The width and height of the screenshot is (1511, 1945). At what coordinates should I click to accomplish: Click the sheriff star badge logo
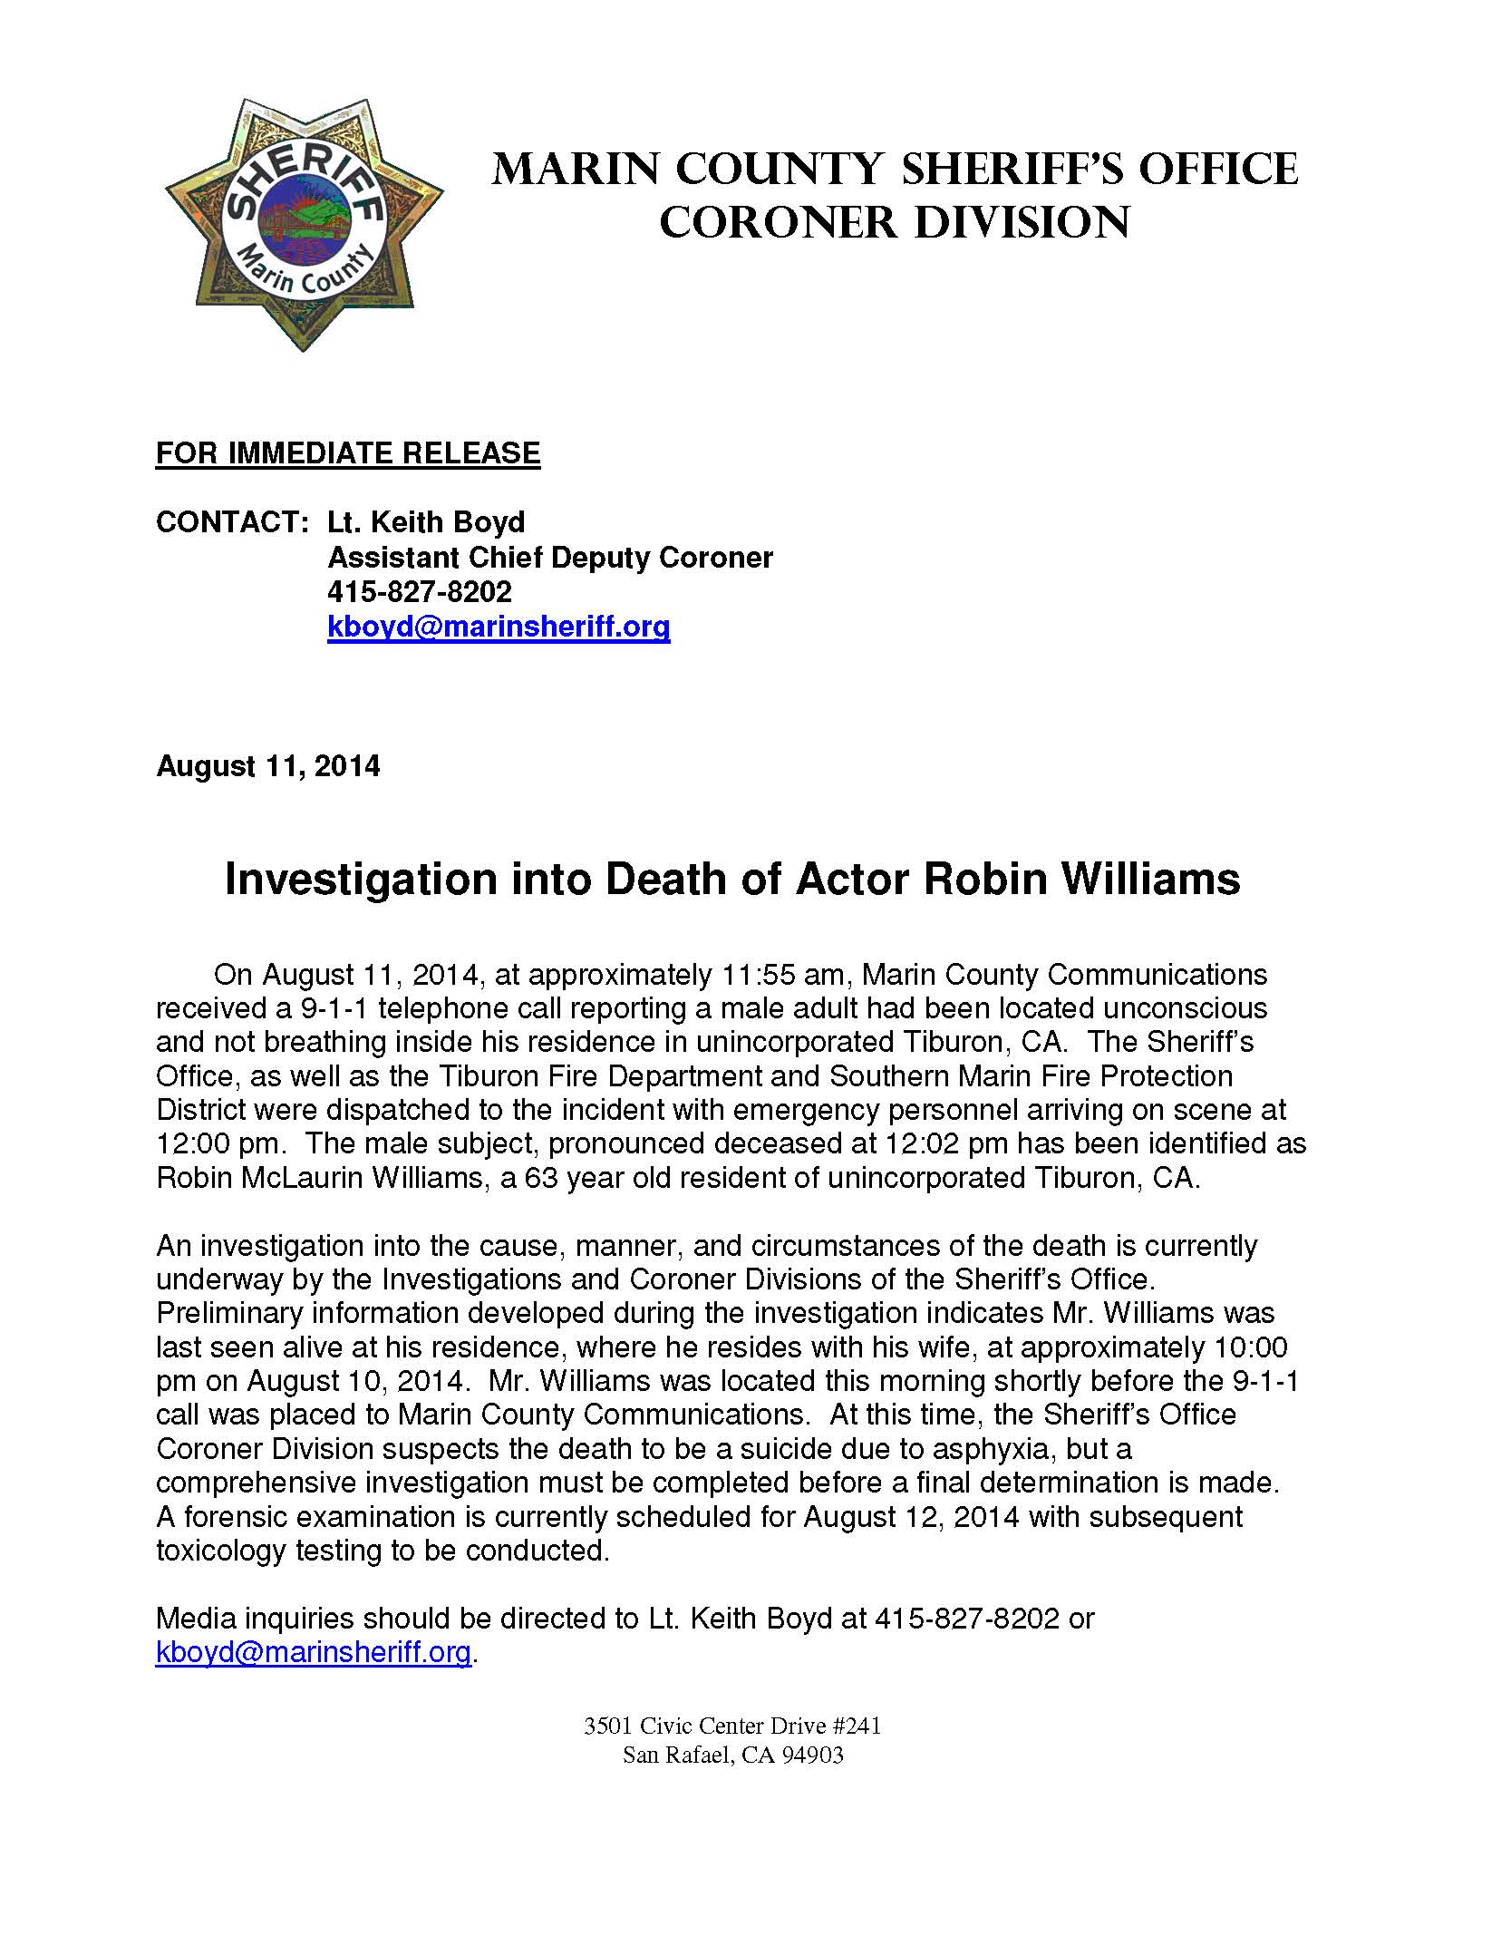(x=304, y=224)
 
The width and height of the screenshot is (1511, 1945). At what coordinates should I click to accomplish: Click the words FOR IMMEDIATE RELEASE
(x=348, y=453)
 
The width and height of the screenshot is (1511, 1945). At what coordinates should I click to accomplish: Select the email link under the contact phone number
(x=499, y=627)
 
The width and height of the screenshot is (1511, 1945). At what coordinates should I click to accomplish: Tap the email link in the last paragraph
(x=314, y=1652)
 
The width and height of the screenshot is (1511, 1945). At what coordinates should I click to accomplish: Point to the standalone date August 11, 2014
(x=268, y=766)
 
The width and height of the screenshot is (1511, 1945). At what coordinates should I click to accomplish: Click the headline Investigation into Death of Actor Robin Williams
(x=732, y=879)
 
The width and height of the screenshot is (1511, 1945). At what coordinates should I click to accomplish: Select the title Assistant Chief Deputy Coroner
(x=550, y=557)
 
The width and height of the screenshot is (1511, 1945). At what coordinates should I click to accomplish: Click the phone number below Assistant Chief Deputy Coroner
(x=420, y=592)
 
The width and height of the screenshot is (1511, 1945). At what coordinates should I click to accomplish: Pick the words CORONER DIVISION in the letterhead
(x=895, y=223)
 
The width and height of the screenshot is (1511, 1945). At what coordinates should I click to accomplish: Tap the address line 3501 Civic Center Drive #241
(x=732, y=1726)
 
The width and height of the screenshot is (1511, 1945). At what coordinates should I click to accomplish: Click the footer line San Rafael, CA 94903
(x=732, y=1755)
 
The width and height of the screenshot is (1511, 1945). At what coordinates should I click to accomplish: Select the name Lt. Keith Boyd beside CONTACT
(x=426, y=522)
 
